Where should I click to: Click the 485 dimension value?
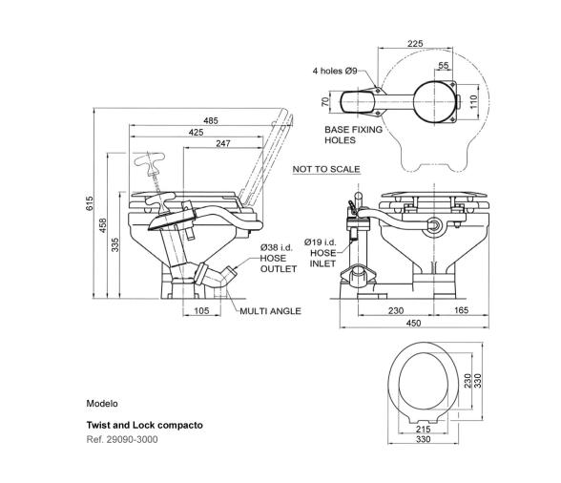pos(210,120)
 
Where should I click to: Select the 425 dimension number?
pos(196,132)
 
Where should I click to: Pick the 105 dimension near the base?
pos(199,311)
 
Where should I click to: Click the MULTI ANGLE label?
pos(270,311)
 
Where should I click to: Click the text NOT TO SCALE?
pos(326,169)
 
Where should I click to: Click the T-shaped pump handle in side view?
pos(151,163)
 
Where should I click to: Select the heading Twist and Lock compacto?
pos(145,424)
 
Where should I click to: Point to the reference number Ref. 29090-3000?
pos(122,439)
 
